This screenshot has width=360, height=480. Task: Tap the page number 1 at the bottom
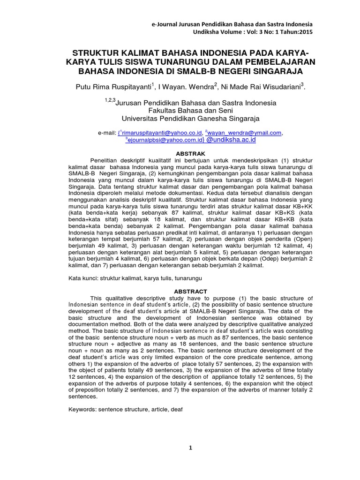pyautogui.click(x=190, y=448)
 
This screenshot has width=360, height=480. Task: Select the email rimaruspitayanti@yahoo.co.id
pyautogui.click(x=162, y=133)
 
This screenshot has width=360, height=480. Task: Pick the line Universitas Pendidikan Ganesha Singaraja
pyautogui.click(x=190, y=119)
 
